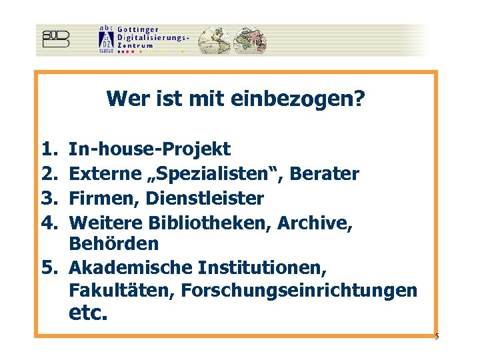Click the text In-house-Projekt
tap(149, 149)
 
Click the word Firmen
tap(100, 199)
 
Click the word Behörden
tap(114, 244)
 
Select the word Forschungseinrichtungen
tap(299, 291)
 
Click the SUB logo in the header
tap(55, 39)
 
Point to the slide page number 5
tap(437, 336)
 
